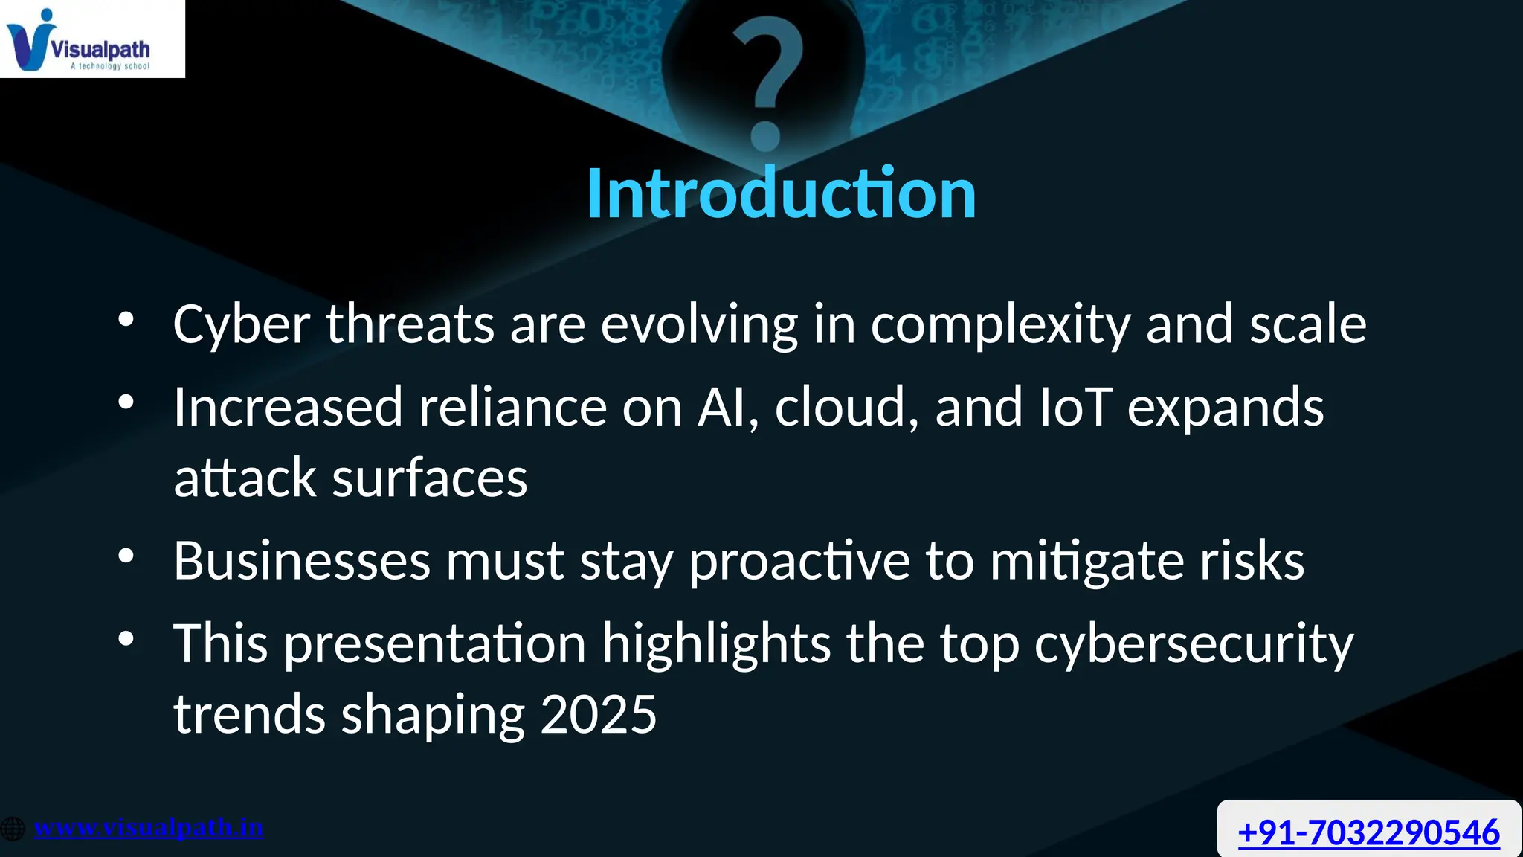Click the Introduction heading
[x=781, y=193]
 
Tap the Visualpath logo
[x=82, y=41]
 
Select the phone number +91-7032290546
[x=1368, y=832]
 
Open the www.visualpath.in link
[x=149, y=827]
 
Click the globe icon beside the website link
[x=13, y=828]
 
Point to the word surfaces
[x=430, y=478]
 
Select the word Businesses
[x=302, y=560]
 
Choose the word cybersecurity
[x=1194, y=644]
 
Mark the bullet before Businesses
[x=126, y=556]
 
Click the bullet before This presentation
[x=126, y=638]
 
